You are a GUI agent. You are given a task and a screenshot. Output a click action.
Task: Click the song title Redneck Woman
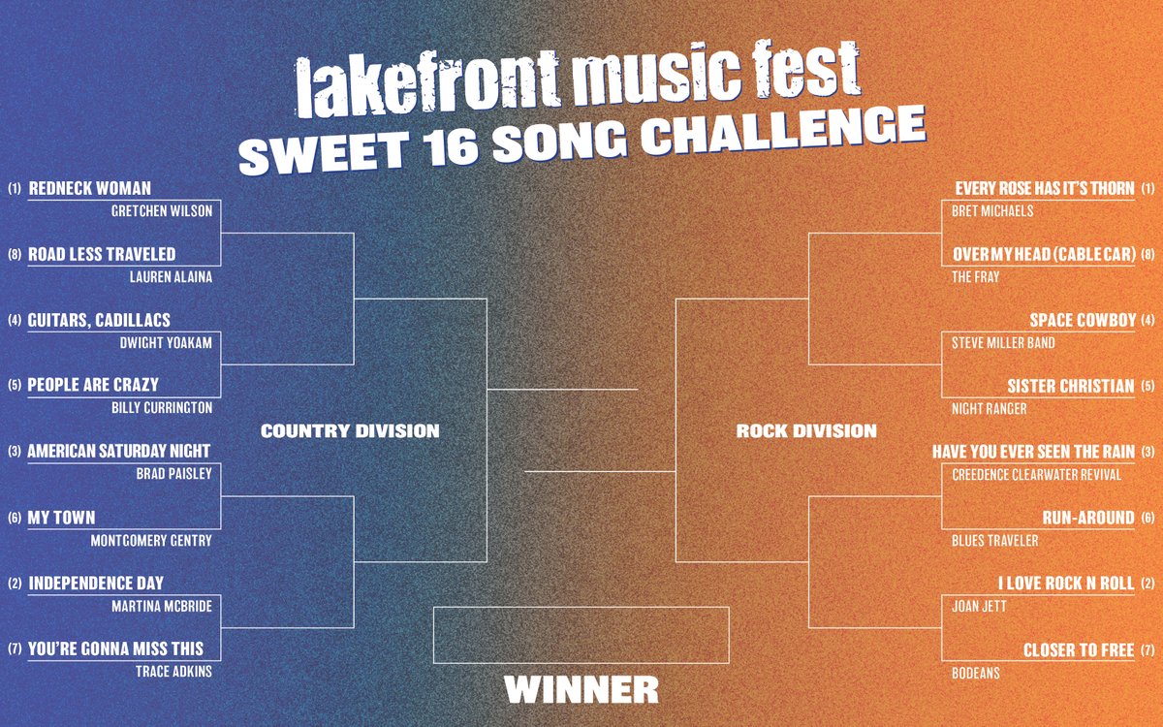pyautogui.click(x=90, y=188)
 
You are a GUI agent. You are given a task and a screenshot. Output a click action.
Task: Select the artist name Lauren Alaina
pyautogui.click(x=171, y=276)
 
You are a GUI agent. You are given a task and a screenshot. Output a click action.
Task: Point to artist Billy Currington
pyautogui.click(x=163, y=408)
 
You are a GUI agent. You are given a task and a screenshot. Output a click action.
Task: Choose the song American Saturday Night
pyautogui.click(x=118, y=452)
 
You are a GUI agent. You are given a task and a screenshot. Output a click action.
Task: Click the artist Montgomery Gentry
pyautogui.click(x=151, y=540)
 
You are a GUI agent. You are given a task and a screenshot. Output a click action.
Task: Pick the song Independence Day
pyautogui.click(x=96, y=584)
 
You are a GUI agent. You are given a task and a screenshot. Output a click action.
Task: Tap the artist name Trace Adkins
pyautogui.click(x=174, y=671)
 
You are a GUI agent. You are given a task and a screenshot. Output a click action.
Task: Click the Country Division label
pyautogui.click(x=350, y=430)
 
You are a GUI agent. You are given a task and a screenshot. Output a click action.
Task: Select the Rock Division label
pyautogui.click(x=806, y=430)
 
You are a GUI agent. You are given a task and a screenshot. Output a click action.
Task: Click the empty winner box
pyautogui.click(x=581, y=634)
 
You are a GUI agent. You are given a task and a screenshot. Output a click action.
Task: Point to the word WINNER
pyautogui.click(x=581, y=689)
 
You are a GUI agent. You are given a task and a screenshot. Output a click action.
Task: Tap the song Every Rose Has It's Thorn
pyautogui.click(x=1045, y=188)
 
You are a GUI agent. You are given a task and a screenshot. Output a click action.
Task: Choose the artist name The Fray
pyautogui.click(x=975, y=276)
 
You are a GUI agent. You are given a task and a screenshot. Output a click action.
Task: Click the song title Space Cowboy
pyautogui.click(x=1083, y=320)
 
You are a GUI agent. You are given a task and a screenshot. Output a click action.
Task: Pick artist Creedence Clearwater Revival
pyautogui.click(x=1036, y=474)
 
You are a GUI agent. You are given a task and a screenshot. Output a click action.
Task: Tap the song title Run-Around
pyautogui.click(x=1088, y=518)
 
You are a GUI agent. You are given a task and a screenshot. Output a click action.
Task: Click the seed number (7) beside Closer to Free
pyautogui.click(x=1148, y=649)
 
